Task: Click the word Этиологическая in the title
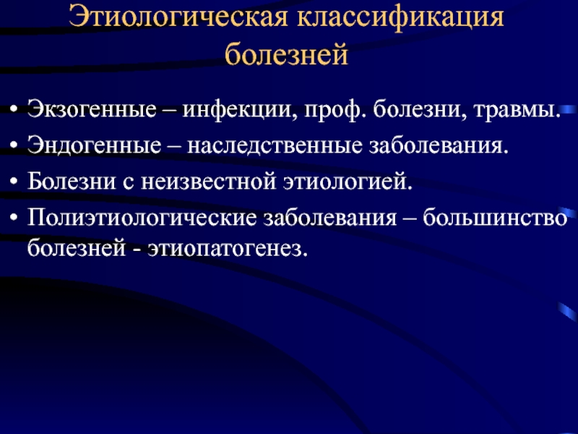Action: pos(178,17)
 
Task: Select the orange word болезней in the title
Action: pos(286,54)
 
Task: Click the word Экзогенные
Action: pos(92,109)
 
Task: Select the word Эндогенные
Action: pos(95,145)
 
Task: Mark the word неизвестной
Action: pos(208,182)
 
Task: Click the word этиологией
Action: pos(348,182)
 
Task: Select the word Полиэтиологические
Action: pos(142,218)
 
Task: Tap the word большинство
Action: pos(495,218)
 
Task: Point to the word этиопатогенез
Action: pos(228,248)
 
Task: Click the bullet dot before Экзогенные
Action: pos(14,110)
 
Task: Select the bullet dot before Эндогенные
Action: pos(14,145)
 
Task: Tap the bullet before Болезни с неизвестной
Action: pos(14,182)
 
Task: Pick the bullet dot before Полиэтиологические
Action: pos(14,218)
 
